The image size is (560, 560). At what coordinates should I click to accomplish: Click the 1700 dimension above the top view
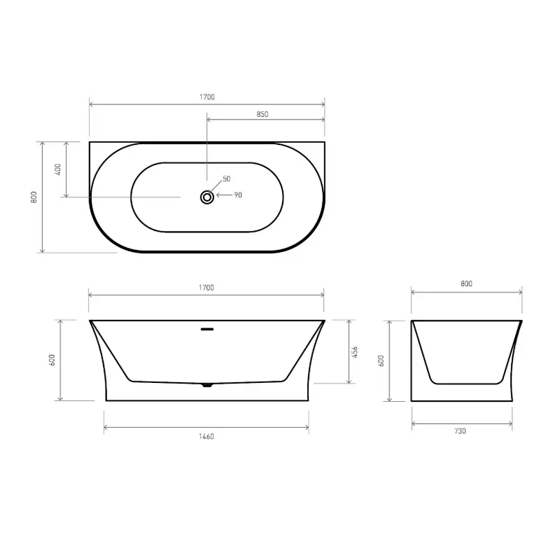click(207, 97)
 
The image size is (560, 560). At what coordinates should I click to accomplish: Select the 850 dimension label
click(262, 114)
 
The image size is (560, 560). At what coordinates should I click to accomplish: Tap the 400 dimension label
click(58, 169)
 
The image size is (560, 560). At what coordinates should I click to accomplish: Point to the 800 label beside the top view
click(34, 197)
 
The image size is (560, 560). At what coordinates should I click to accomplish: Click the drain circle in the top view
click(207, 197)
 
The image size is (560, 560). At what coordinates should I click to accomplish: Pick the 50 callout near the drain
click(226, 178)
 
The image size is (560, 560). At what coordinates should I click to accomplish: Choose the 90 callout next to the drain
click(238, 195)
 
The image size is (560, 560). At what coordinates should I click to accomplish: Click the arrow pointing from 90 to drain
click(224, 195)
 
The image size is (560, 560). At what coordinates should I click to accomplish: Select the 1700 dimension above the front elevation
click(206, 288)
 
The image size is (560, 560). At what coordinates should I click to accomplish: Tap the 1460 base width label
click(206, 436)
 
